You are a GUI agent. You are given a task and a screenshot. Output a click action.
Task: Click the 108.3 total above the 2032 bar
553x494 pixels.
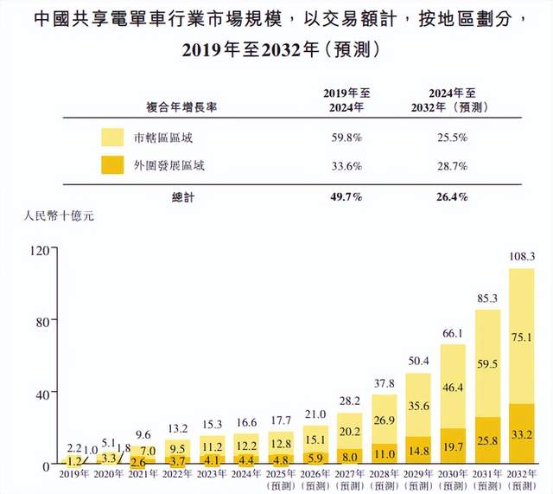pyautogui.click(x=523, y=257)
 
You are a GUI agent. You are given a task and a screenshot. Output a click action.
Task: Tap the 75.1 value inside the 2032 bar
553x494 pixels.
pyautogui.click(x=523, y=337)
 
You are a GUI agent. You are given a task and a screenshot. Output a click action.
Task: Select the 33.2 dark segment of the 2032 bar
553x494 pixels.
pyautogui.click(x=523, y=435)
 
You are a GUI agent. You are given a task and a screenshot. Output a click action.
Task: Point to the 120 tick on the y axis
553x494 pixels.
pyautogui.click(x=37, y=250)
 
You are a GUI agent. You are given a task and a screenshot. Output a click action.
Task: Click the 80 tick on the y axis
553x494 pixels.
pyautogui.click(x=41, y=322)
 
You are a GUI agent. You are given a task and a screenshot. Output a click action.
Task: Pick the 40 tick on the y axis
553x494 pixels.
pyautogui.click(x=41, y=394)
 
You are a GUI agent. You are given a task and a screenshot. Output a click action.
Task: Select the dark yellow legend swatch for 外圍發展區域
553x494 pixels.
pyautogui.click(x=113, y=164)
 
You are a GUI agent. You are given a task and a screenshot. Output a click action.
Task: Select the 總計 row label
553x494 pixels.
pyautogui.click(x=183, y=197)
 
